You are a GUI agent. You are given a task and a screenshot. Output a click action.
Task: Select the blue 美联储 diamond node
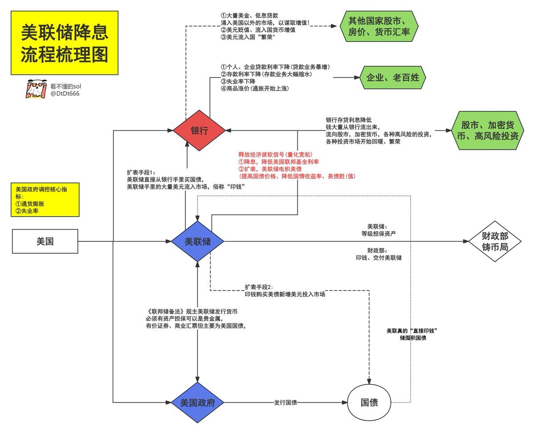click(x=198, y=242)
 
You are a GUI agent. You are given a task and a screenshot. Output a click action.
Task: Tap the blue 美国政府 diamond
click(x=198, y=403)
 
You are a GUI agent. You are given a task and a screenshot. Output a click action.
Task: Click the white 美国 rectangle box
click(x=45, y=242)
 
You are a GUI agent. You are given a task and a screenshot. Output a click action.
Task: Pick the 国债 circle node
click(x=369, y=403)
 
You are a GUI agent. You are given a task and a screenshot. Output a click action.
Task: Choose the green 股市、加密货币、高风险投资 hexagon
click(x=486, y=130)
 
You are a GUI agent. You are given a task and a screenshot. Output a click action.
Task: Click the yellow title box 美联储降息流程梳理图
click(x=65, y=43)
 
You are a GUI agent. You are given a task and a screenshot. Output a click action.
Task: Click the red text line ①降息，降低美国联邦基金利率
click(x=282, y=161)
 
